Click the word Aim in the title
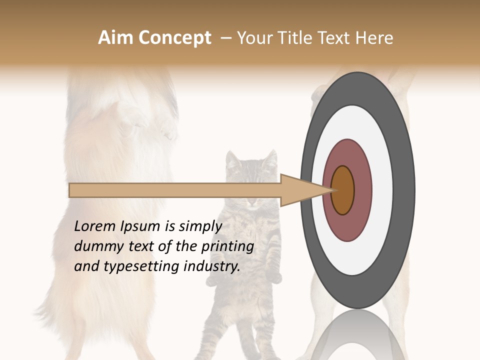[x=115, y=38]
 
